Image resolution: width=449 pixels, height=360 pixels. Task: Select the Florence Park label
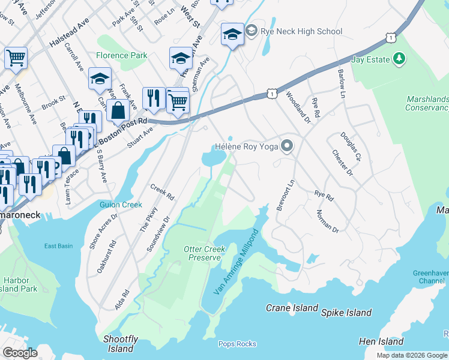122,55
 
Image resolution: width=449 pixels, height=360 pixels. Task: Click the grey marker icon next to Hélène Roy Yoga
287,146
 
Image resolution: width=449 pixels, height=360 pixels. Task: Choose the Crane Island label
292,308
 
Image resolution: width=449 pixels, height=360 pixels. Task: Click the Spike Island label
346,313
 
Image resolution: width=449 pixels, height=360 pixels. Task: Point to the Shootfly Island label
121,344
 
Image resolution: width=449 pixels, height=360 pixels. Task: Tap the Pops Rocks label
237,344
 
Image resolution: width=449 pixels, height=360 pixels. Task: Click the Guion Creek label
121,205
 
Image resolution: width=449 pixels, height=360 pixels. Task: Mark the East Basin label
58,246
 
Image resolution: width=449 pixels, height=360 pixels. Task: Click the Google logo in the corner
20,352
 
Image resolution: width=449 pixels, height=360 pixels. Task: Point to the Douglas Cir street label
351,146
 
